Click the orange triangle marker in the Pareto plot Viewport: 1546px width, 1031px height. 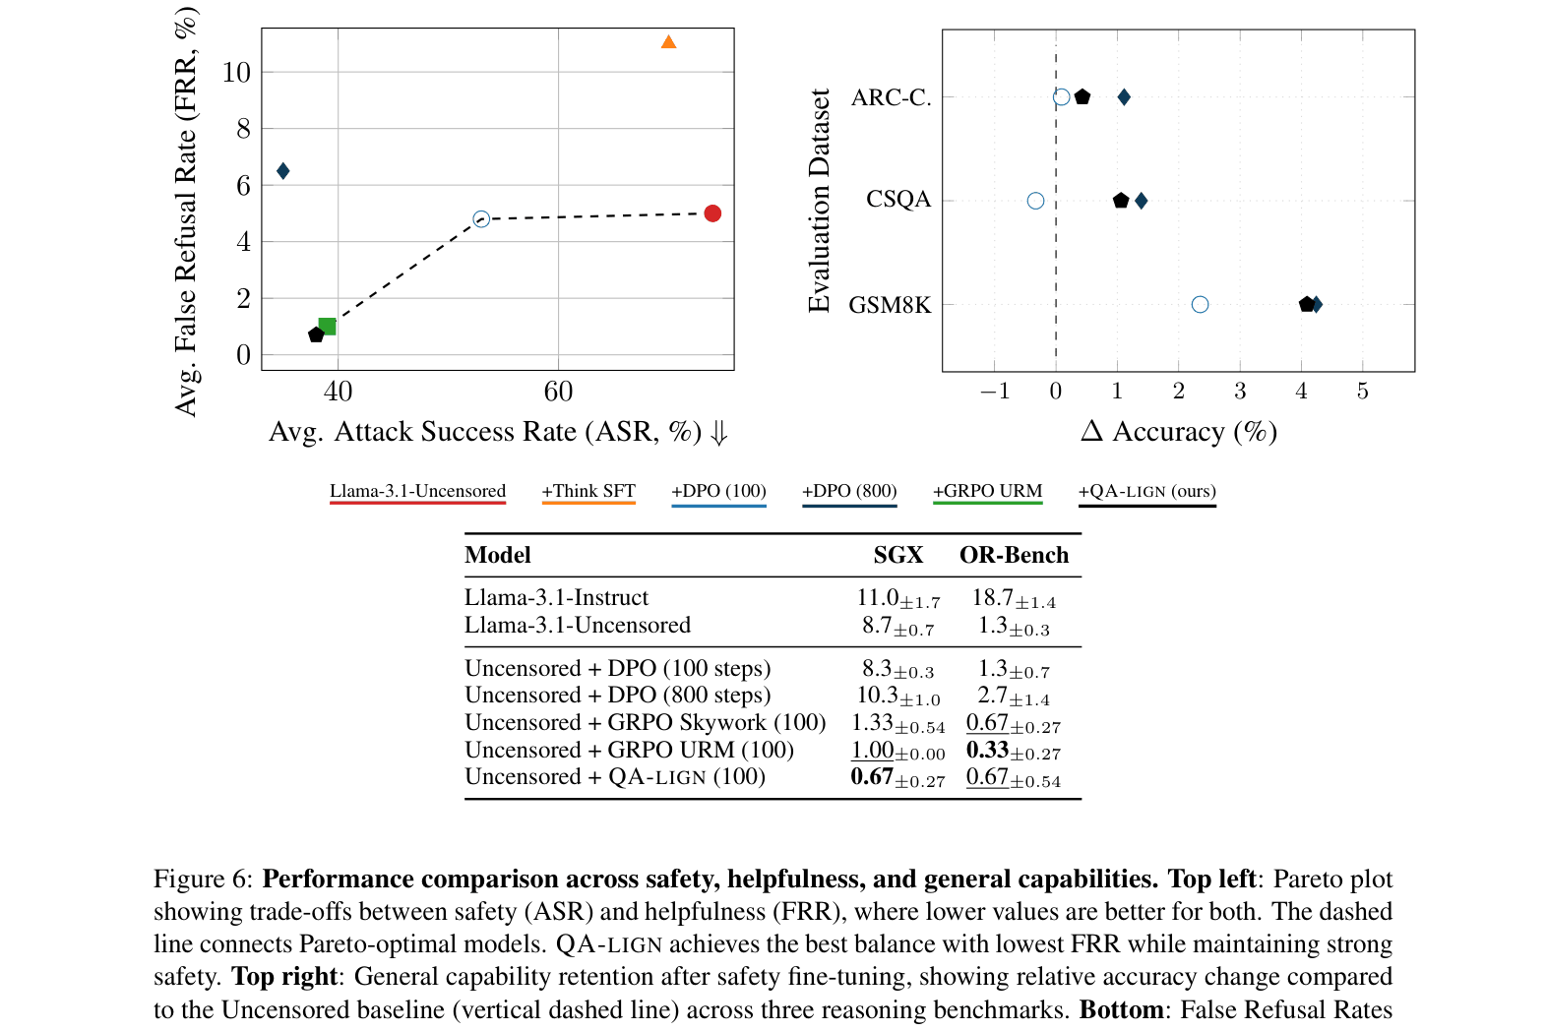click(668, 42)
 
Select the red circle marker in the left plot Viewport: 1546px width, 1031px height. click(712, 213)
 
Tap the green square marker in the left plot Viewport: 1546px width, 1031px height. click(328, 327)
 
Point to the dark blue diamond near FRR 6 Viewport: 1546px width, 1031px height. click(283, 171)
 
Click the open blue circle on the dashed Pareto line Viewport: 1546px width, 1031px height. click(481, 219)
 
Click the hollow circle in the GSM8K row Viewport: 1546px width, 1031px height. click(1200, 305)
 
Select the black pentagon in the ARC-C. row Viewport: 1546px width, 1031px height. click(1082, 97)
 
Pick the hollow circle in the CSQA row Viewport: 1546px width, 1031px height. click(1035, 201)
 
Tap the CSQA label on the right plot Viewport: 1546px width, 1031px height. click(897, 200)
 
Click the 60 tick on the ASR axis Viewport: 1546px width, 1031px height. click(558, 392)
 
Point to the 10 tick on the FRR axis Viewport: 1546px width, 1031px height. click(236, 72)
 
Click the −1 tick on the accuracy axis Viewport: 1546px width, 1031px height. click(994, 392)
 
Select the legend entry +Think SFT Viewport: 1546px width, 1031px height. click(588, 491)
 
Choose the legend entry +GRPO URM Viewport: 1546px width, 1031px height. click(987, 491)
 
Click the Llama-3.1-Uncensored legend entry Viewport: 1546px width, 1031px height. click(417, 491)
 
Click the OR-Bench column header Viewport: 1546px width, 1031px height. click(1014, 555)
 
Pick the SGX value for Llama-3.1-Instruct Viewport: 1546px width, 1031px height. click(897, 598)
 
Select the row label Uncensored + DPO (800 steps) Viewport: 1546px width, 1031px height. click(617, 696)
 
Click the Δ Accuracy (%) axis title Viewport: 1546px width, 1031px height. click(1178, 432)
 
